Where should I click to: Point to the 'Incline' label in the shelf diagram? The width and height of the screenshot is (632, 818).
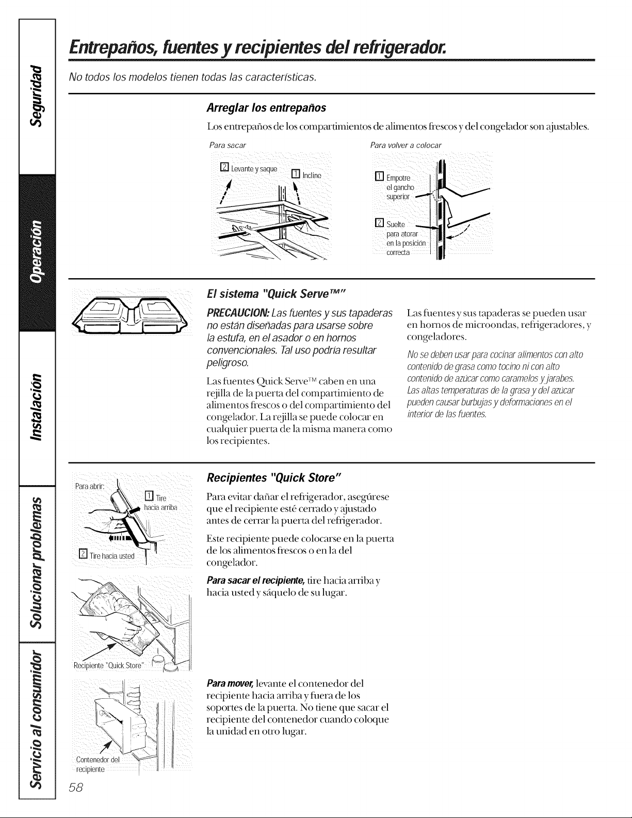pyautogui.click(x=312, y=175)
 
